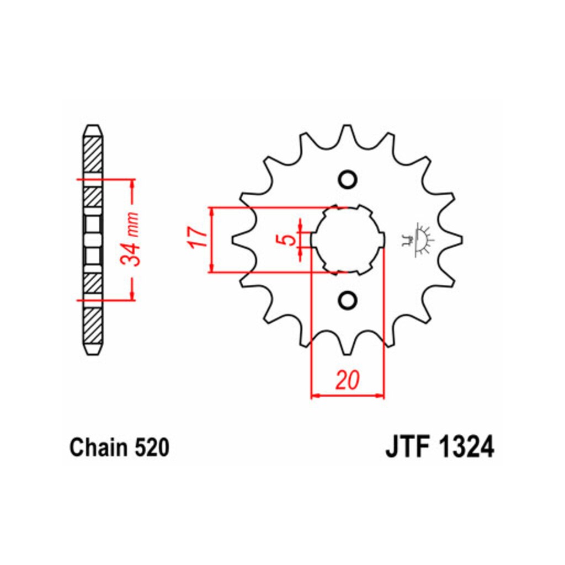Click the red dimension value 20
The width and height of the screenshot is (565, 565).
[348, 381]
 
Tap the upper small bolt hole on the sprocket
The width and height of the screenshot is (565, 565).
[348, 179]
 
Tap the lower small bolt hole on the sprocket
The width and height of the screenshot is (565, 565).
[348, 300]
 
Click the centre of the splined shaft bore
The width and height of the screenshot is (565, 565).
[348, 239]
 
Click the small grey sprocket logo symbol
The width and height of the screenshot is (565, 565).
[418, 239]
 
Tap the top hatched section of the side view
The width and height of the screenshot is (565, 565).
[93, 155]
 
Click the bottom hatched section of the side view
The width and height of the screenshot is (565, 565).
[93, 326]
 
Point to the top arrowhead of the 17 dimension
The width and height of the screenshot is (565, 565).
[212, 212]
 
